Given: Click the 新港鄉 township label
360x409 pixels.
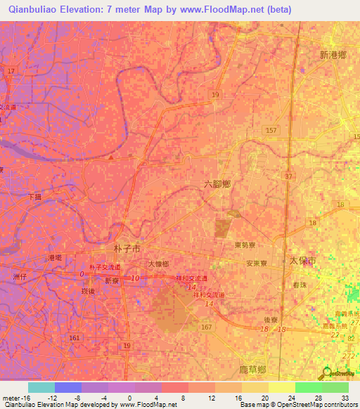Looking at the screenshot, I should tap(333, 55).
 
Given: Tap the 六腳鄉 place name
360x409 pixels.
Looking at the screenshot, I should tap(217, 183).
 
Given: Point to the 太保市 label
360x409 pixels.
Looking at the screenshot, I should tap(304, 261).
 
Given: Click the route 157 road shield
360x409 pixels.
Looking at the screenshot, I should tap(271, 131).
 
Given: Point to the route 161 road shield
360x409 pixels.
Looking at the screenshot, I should tap(74, 338).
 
